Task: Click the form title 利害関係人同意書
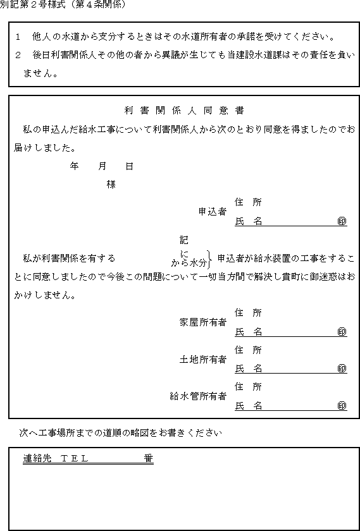coord(185,111)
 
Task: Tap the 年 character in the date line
coord(74,166)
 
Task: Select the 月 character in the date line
coord(102,166)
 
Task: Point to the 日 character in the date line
coord(130,166)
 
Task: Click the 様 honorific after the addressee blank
coord(111,185)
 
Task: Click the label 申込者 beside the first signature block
coord(212,212)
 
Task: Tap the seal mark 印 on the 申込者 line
coord(342,221)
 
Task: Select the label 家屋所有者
coord(202,323)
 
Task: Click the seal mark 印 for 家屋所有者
coord(342,333)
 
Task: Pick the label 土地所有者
coord(202,360)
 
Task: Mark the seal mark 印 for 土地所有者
coord(342,369)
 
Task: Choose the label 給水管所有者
coord(198,396)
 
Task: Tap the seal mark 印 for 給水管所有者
coord(342,406)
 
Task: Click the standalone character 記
coord(183,240)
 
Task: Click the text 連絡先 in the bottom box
coord(37,458)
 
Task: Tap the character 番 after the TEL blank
coord(149,458)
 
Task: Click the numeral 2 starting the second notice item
coord(18,55)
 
